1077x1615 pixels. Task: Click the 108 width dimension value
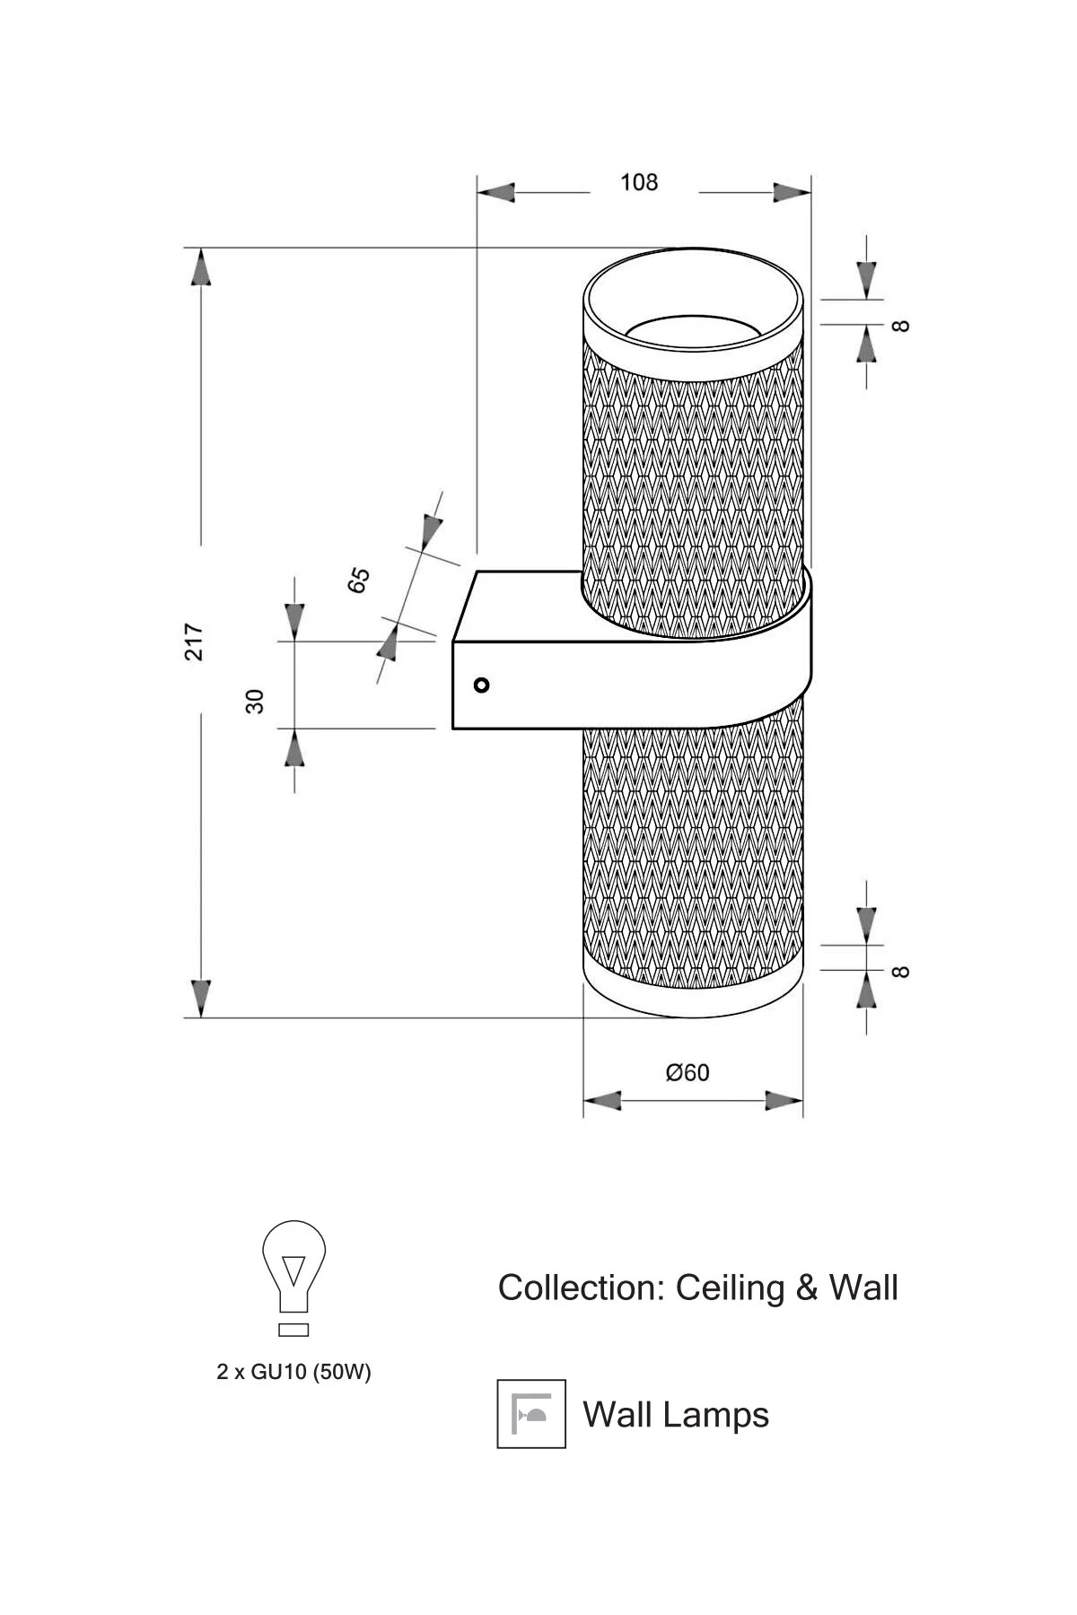click(639, 183)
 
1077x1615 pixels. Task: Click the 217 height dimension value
click(195, 642)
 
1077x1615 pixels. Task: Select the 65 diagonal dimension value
click(359, 580)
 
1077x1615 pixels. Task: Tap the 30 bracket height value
click(256, 701)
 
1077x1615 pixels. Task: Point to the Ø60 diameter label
click(687, 1072)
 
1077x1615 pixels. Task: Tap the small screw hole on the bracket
click(482, 685)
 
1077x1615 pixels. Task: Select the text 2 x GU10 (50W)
click(293, 1372)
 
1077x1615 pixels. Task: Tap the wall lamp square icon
click(531, 1414)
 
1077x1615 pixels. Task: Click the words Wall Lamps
click(676, 1415)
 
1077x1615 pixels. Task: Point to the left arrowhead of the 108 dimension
click(495, 193)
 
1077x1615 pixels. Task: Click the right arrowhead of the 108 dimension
click(792, 193)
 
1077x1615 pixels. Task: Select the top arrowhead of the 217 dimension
click(201, 267)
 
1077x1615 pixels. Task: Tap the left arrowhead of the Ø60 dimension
click(602, 1101)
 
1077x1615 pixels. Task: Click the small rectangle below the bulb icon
click(293, 1329)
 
